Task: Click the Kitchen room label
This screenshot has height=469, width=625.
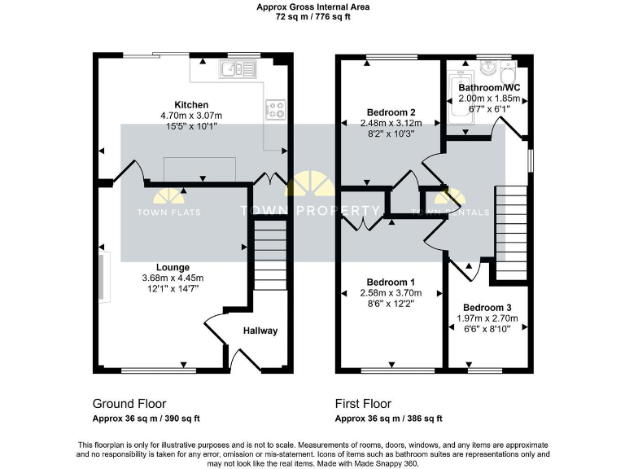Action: (191, 105)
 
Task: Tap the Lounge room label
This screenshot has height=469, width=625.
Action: (173, 267)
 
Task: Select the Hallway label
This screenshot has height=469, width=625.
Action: (260, 331)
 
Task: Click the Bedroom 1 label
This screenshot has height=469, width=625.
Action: (391, 281)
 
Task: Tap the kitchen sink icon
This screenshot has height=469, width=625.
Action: (236, 72)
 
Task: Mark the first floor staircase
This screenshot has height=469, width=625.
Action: (511, 232)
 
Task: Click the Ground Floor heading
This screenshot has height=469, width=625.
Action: (129, 404)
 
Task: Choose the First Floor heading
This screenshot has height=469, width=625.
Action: (363, 404)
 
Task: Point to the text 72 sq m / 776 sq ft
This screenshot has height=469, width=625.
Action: (312, 15)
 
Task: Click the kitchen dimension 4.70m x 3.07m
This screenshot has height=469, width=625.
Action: (191, 116)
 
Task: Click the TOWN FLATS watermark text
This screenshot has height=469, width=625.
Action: (168, 213)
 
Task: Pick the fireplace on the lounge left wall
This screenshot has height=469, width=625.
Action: (103, 277)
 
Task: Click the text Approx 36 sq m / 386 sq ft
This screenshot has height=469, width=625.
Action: (389, 419)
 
